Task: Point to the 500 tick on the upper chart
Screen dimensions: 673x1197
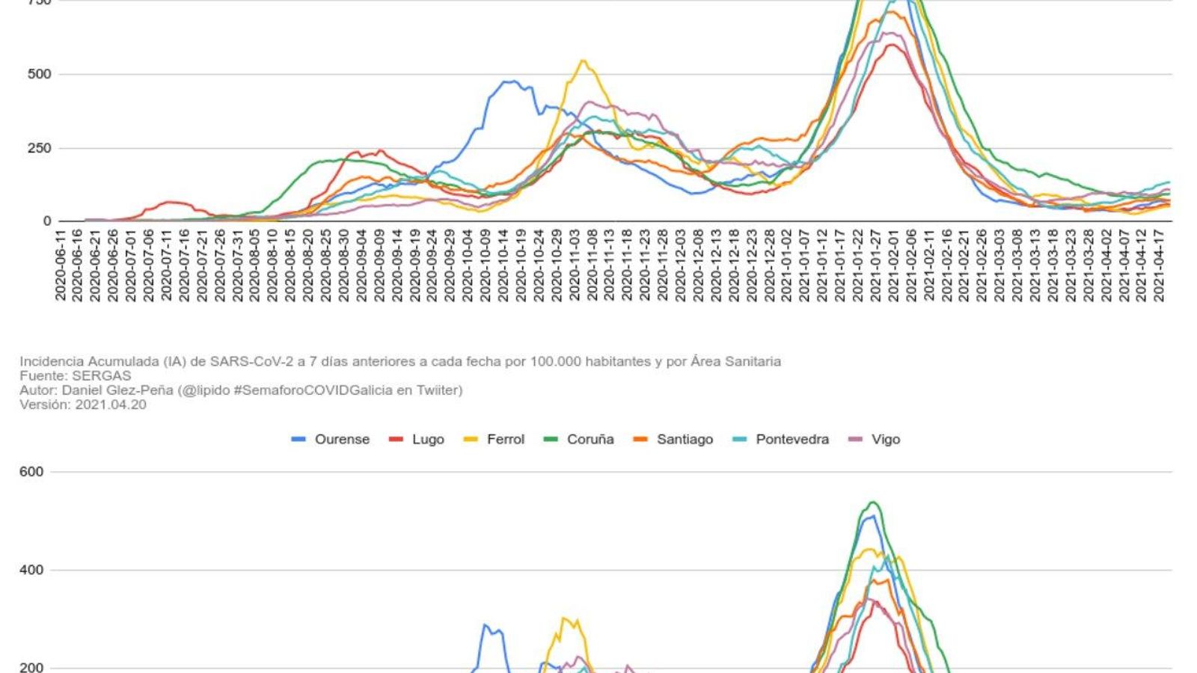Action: pos(39,74)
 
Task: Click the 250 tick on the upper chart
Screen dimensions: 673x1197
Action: pos(39,148)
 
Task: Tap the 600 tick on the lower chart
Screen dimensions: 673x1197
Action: pos(32,472)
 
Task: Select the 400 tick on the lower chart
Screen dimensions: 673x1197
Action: pos(32,570)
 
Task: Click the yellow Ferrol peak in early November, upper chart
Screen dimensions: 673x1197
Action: pos(583,61)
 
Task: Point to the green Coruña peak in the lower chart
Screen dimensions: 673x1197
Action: pos(872,502)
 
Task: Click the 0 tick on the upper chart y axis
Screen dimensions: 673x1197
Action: pos(47,221)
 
